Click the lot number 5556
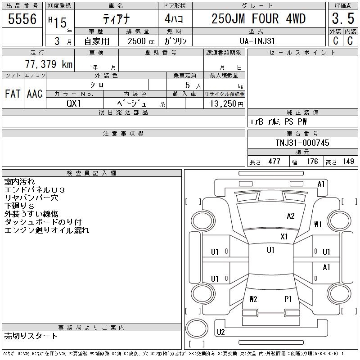[22, 19]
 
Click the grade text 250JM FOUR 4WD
[258, 19]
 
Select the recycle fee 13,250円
[225, 103]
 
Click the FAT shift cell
[13, 94]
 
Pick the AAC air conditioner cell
[35, 94]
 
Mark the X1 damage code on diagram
[284, 236]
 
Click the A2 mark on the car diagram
[291, 216]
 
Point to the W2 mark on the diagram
[253, 299]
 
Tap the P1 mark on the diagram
[288, 299]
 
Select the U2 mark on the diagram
[220, 332]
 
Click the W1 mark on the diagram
[318, 224]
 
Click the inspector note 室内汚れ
[19, 181]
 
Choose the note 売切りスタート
[31, 336]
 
